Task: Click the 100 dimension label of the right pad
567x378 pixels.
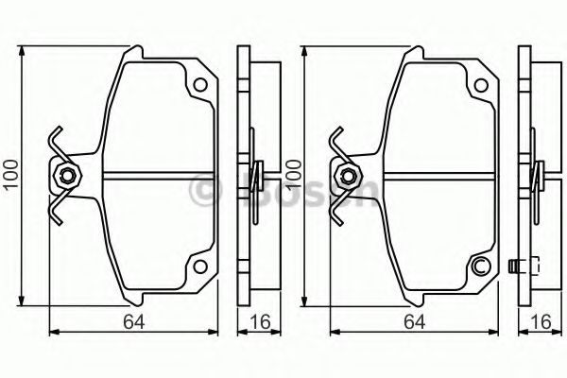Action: click(x=293, y=174)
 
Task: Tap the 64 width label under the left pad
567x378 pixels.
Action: click(x=133, y=321)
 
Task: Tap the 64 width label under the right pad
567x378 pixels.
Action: click(x=415, y=321)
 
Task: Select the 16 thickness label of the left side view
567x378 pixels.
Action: click(x=260, y=321)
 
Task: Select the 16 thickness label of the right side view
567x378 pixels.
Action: click(x=541, y=321)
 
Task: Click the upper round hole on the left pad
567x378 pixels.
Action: click(x=200, y=85)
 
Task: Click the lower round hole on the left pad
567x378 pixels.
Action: click(x=200, y=266)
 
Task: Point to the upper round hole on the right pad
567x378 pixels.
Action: click(x=481, y=86)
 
